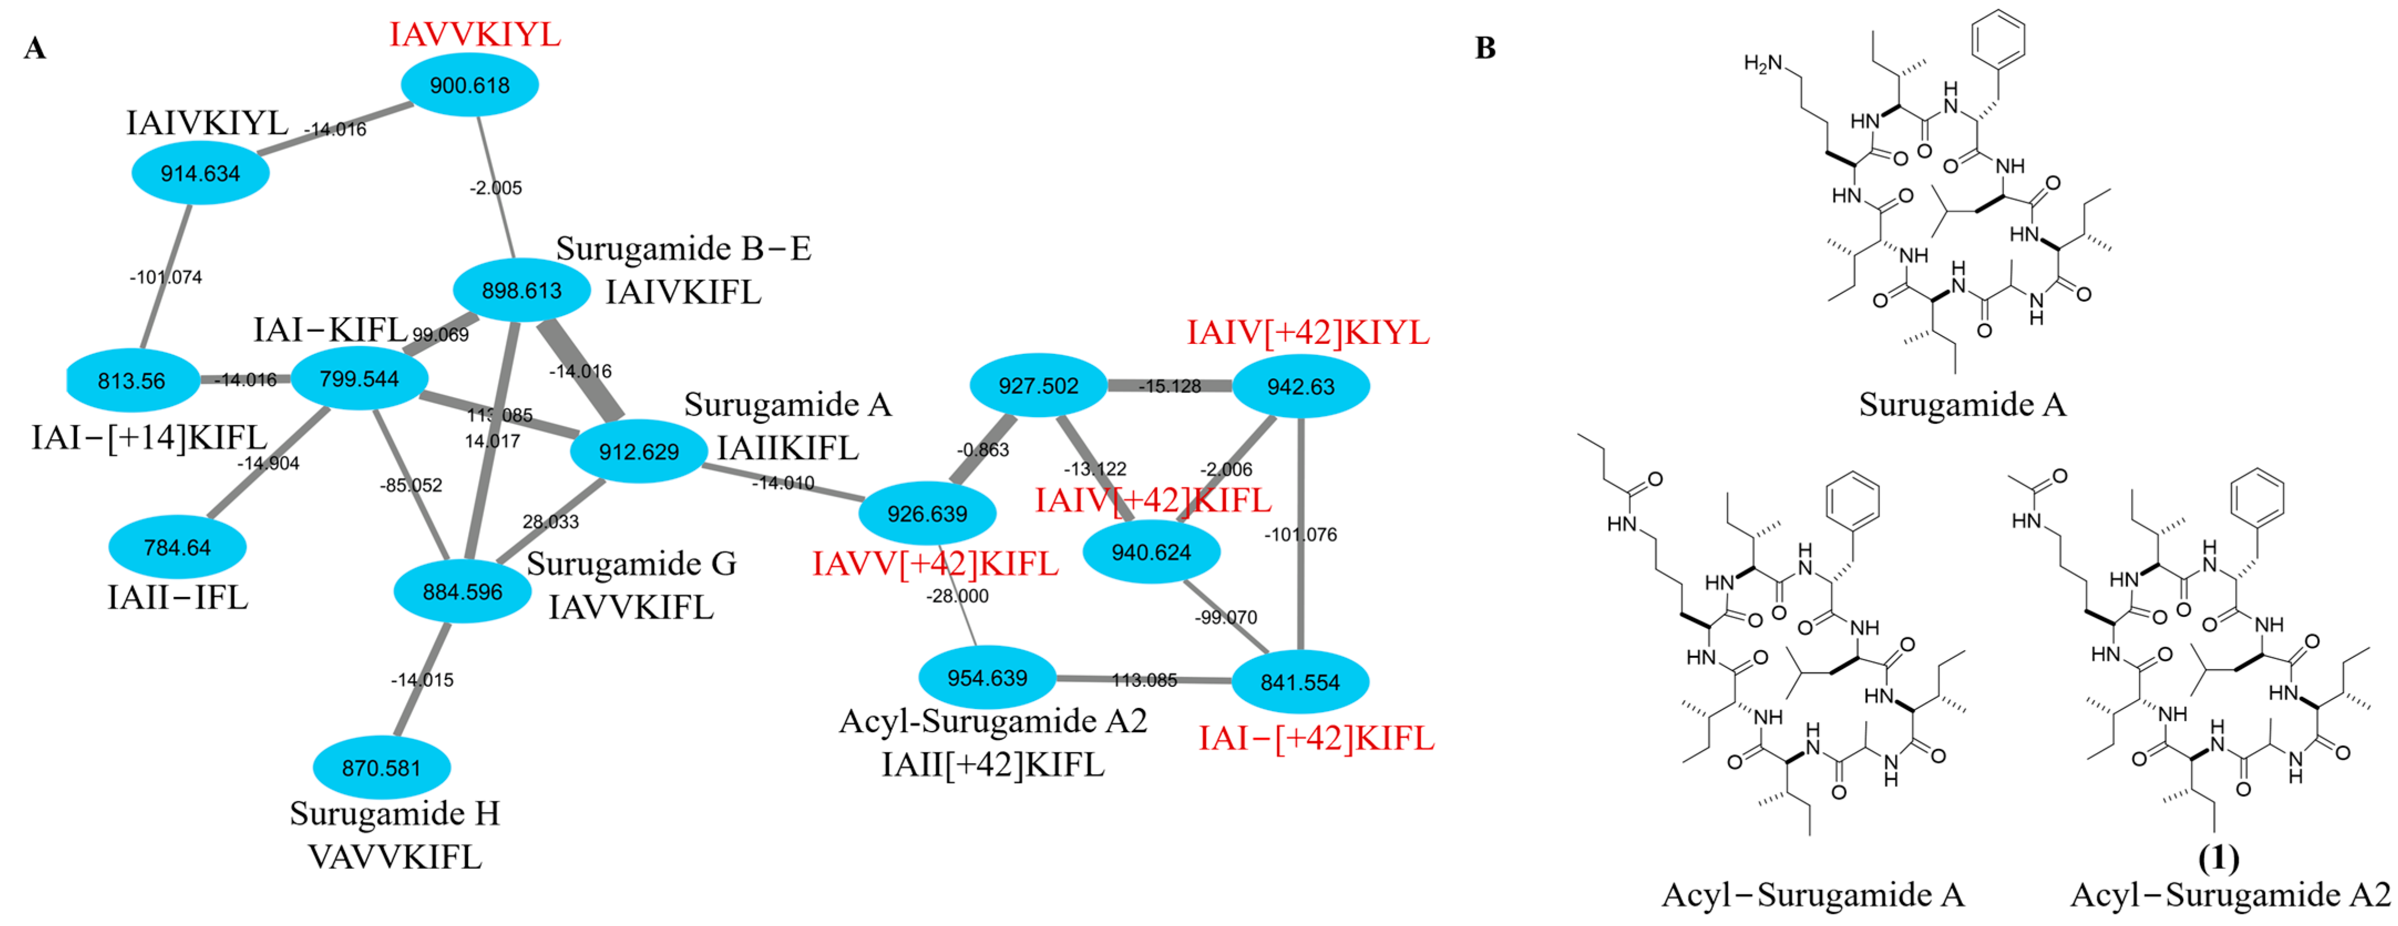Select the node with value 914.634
click(x=200, y=173)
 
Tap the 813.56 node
click(x=132, y=380)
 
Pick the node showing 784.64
click(x=177, y=547)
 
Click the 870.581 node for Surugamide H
click(x=382, y=768)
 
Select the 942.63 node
click(x=1301, y=386)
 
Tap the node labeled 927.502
click(x=1038, y=385)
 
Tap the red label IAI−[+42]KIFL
click(x=1316, y=738)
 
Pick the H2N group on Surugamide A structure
click(x=1762, y=63)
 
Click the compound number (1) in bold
click(x=2219, y=857)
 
